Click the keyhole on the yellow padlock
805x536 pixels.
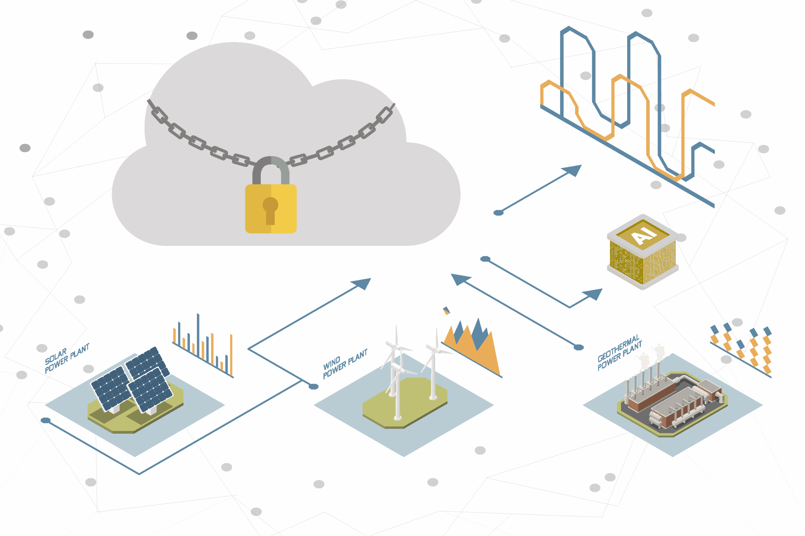click(x=270, y=209)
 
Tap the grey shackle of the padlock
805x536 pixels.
click(x=271, y=164)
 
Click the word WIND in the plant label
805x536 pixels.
click(x=331, y=363)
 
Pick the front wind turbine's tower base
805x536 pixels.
click(x=398, y=417)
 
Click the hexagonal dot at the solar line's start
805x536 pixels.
click(x=46, y=420)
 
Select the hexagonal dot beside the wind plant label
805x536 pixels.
click(x=314, y=387)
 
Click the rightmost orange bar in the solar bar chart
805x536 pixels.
click(x=231, y=355)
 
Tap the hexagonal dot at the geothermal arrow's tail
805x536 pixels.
click(x=578, y=348)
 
